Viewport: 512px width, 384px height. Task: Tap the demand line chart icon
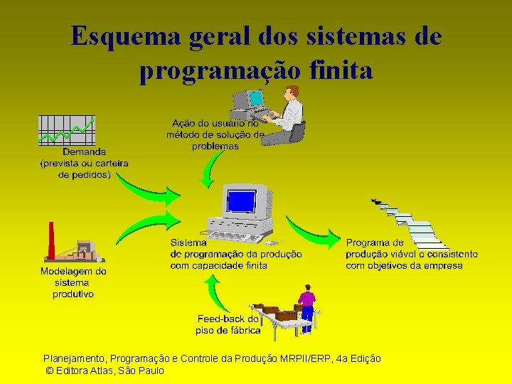tap(66, 130)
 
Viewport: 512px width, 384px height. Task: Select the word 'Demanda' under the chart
tap(84, 151)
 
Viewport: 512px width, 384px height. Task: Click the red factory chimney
tap(51, 242)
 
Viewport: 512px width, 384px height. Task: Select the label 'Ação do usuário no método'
tap(215, 128)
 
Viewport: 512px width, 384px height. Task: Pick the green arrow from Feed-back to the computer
tap(214, 291)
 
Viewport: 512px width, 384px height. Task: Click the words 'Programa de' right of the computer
tap(375, 242)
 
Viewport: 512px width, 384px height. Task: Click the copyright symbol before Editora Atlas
tap(49, 370)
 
